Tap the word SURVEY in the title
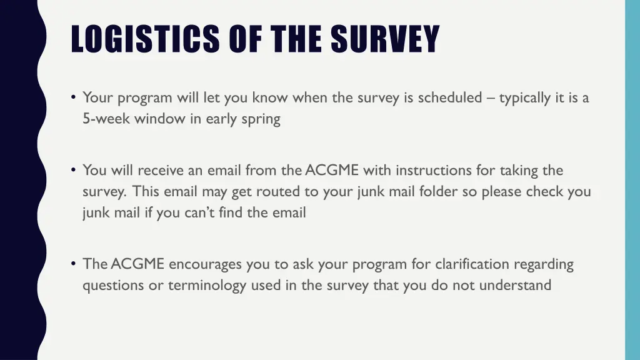click(385, 39)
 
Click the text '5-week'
click(103, 119)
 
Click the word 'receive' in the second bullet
click(159, 171)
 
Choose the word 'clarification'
click(472, 264)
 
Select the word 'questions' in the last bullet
click(111, 286)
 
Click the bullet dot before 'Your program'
click(74, 97)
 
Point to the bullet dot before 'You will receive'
click(74, 170)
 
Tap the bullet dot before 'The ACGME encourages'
click(74, 264)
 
